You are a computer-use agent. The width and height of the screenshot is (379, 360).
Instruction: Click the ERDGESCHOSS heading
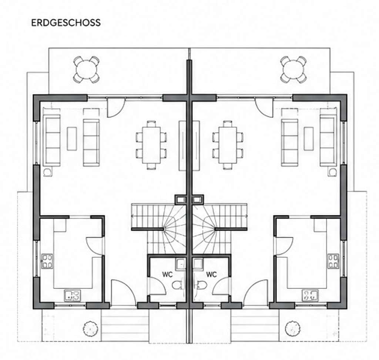click(66, 23)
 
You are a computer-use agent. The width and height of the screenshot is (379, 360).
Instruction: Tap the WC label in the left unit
click(167, 274)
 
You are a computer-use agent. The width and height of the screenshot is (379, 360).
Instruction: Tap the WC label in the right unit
click(211, 274)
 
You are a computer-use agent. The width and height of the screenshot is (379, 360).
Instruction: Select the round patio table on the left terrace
click(86, 70)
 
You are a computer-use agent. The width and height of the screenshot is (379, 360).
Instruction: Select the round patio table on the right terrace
click(294, 70)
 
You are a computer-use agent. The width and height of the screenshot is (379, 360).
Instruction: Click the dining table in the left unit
click(151, 145)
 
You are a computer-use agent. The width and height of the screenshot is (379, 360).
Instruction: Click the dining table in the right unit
click(228, 145)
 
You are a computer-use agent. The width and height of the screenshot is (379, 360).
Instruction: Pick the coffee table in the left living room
click(72, 139)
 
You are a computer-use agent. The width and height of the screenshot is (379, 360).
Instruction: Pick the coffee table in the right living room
click(309, 139)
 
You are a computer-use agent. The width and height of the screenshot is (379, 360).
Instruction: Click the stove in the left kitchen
click(47, 261)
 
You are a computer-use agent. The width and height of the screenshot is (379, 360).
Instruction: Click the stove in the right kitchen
click(333, 261)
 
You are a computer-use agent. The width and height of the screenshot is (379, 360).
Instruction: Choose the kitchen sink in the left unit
click(73, 296)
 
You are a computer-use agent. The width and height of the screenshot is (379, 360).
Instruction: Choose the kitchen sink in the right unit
click(311, 296)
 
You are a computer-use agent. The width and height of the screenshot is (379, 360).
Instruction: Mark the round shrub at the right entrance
click(293, 329)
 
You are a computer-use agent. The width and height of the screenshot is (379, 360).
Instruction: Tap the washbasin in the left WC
click(181, 264)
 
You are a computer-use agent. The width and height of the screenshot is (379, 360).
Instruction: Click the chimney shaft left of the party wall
click(181, 200)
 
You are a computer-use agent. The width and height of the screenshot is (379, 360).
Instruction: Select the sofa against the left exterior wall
click(51, 140)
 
